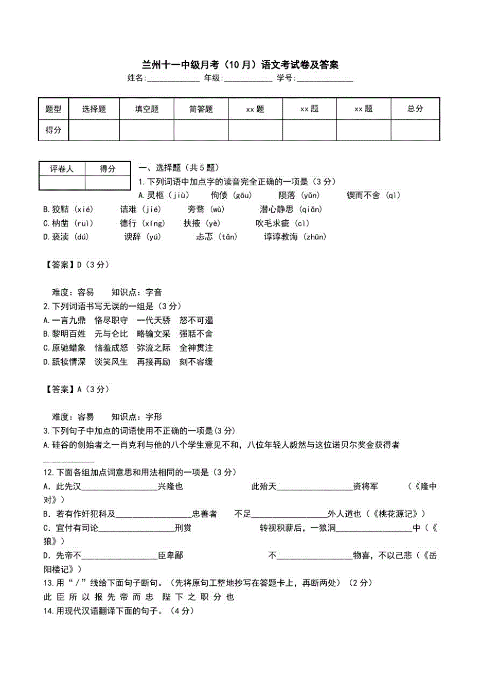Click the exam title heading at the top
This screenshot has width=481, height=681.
(x=240, y=65)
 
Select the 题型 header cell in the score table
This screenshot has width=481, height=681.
(x=53, y=109)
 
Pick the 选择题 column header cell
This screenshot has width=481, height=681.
(x=94, y=109)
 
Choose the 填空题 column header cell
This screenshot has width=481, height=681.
(x=147, y=109)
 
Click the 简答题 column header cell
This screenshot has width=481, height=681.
(x=201, y=109)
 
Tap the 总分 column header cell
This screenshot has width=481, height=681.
(x=415, y=109)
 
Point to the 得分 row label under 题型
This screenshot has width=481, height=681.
(x=53, y=130)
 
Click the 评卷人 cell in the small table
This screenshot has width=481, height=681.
(x=62, y=168)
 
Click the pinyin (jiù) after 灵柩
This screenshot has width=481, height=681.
(x=178, y=196)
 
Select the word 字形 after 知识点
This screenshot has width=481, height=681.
(x=154, y=417)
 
